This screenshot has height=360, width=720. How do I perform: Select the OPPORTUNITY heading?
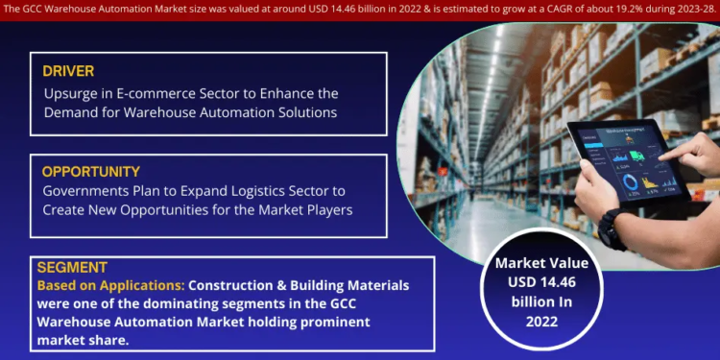(91, 172)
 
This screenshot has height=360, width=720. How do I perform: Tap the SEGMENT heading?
(72, 268)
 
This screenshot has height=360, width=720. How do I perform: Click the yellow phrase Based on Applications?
(110, 286)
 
